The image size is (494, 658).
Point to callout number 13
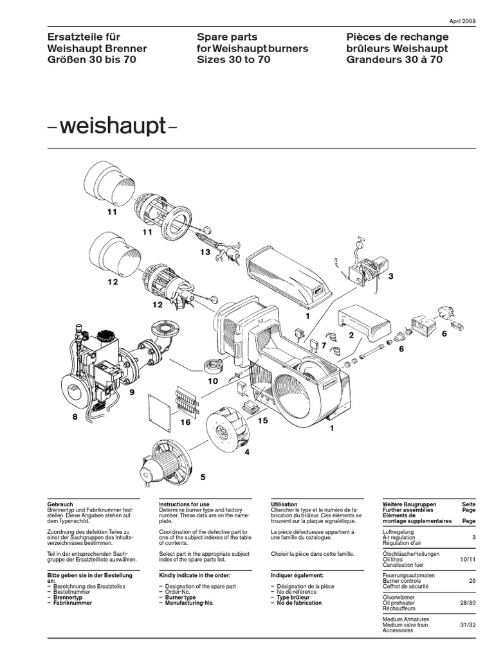click(205, 253)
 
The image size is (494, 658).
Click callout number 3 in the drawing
click(389, 276)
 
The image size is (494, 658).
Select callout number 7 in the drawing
click(324, 346)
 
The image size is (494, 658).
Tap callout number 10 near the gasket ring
click(212, 381)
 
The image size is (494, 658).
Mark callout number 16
click(185, 422)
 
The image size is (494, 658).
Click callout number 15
click(262, 420)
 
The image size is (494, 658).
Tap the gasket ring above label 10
click(212, 367)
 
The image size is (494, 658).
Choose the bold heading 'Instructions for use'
click(188, 504)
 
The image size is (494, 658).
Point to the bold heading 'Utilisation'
click(284, 504)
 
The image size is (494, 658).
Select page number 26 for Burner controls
click(472, 581)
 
